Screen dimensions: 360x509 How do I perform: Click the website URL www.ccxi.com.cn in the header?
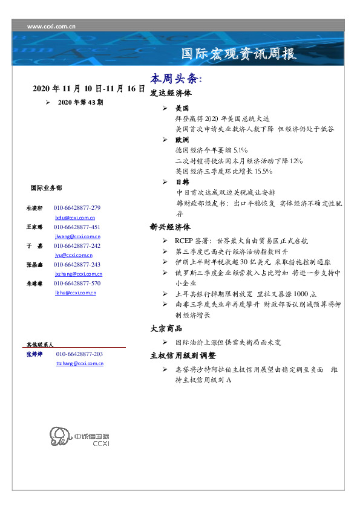click(51, 27)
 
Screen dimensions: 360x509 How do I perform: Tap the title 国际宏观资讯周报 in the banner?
click(239, 54)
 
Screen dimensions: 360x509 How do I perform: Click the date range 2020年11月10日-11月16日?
click(88, 88)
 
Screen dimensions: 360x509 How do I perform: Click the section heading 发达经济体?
click(171, 94)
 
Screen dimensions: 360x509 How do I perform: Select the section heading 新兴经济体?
click(171, 227)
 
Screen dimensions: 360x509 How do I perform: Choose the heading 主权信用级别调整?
click(183, 355)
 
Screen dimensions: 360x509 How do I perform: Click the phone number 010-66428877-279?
click(77, 207)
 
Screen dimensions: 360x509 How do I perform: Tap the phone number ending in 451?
click(77, 227)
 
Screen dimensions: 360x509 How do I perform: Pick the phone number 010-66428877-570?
click(77, 283)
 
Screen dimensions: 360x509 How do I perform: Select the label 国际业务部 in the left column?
click(45, 188)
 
